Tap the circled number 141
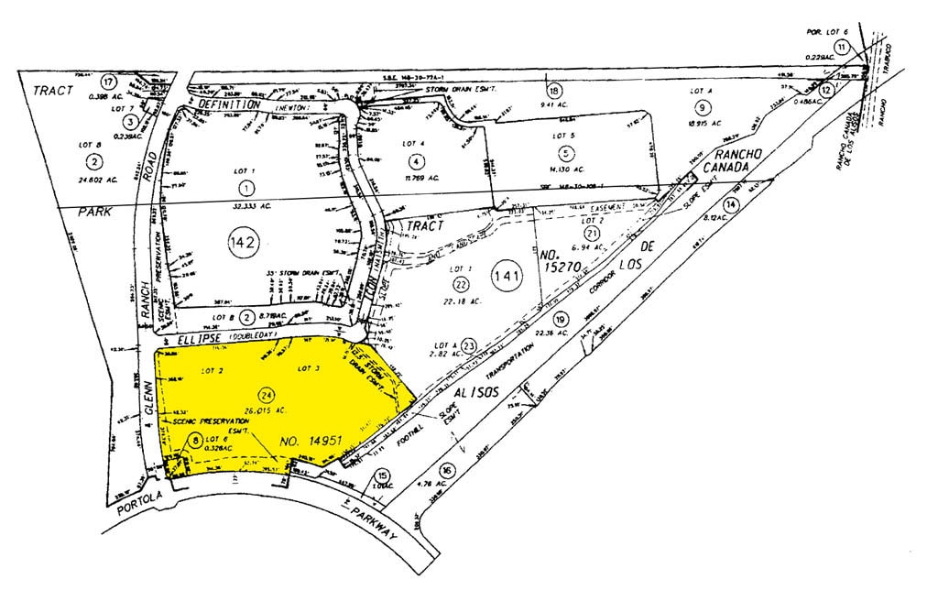[506, 278]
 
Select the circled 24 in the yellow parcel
[266, 395]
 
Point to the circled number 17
[108, 80]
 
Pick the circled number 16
[446, 470]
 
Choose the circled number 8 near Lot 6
[195, 441]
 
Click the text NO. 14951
[311, 442]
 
